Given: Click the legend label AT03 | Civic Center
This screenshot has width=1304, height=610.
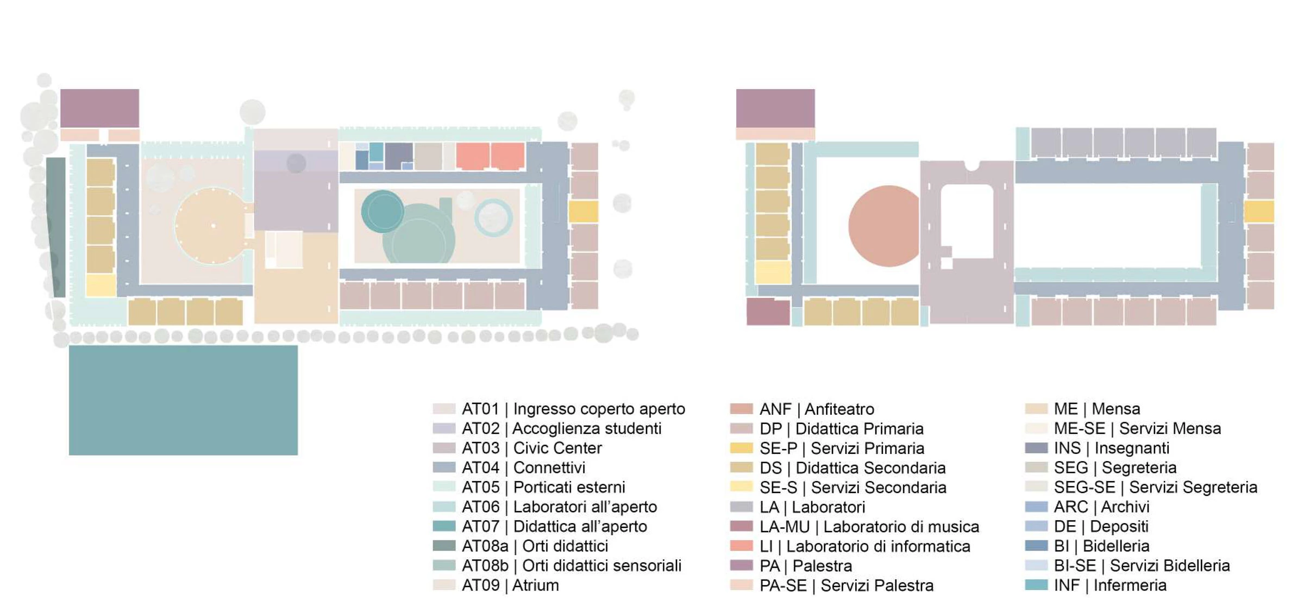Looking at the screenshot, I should (x=531, y=448).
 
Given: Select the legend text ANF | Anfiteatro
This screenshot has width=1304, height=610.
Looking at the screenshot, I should (x=817, y=409).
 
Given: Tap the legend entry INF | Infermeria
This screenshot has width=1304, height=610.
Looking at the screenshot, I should (x=1110, y=585).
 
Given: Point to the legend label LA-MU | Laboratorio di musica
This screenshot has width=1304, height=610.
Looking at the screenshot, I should (x=869, y=526).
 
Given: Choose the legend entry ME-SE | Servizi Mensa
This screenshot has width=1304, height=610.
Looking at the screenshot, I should (x=1137, y=428).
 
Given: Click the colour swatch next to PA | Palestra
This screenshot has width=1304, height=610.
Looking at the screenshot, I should (x=742, y=565).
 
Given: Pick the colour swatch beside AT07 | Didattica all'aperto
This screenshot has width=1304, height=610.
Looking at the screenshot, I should (x=444, y=526).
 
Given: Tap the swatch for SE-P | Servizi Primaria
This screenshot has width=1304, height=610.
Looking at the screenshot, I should (x=742, y=448).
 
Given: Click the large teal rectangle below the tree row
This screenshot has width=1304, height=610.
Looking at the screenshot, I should (x=183, y=400).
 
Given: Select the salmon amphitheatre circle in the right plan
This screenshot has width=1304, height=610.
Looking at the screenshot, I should (x=885, y=226).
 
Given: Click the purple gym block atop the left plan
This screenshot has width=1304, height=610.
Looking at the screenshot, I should (x=99, y=108).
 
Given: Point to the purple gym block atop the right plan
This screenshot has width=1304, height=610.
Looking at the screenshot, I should (x=775, y=108).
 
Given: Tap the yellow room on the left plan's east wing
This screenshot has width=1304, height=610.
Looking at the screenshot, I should (x=584, y=211).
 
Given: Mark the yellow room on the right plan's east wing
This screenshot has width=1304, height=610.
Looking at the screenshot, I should (x=1259, y=211).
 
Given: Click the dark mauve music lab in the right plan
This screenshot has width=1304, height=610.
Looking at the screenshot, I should (x=768, y=312).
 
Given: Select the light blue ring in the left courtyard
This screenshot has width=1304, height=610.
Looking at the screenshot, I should (x=493, y=217).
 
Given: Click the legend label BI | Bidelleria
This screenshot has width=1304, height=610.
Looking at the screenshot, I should (x=1101, y=546).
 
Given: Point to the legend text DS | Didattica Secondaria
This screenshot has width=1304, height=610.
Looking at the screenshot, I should (x=852, y=468).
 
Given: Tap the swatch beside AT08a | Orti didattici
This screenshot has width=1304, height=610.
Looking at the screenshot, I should (x=444, y=546).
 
